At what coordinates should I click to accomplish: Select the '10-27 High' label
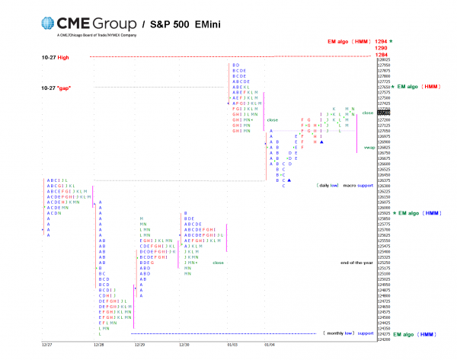pos(54,57)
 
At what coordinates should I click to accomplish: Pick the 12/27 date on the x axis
pos(47,344)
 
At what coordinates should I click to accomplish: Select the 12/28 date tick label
pos(98,344)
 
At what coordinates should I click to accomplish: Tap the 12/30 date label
pos(184,344)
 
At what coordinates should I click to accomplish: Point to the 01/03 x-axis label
pos(231,344)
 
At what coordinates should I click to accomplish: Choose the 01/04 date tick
pos(269,344)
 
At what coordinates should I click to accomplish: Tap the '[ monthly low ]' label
pos(340,333)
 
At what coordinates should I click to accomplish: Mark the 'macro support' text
pos(359,185)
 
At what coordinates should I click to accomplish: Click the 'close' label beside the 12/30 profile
pos(219,263)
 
